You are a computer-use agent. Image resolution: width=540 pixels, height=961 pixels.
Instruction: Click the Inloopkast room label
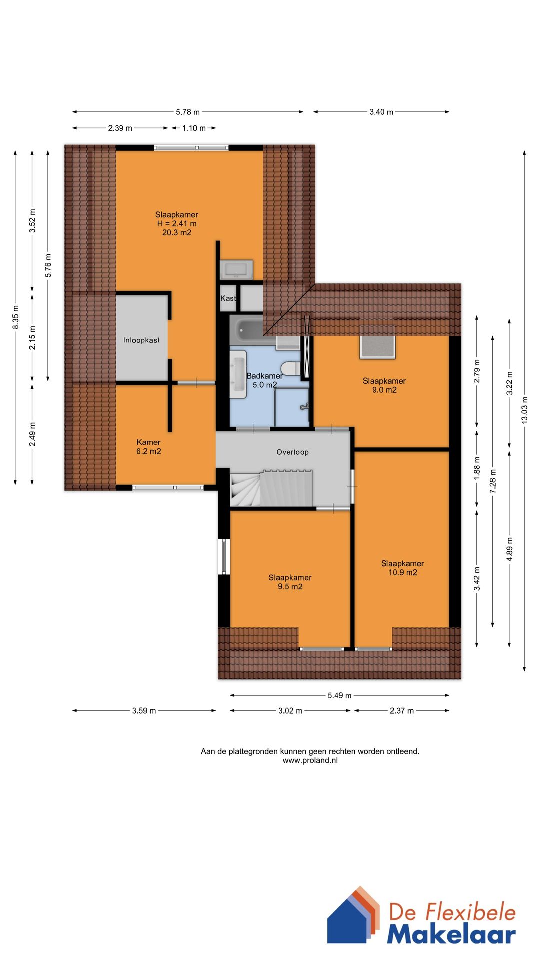[141, 340]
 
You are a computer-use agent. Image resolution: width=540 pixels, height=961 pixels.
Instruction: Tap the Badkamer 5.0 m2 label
[264, 380]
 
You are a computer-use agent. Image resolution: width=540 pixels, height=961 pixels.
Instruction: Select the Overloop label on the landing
[293, 452]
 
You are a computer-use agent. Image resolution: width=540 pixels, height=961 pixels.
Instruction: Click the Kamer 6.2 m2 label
[149, 447]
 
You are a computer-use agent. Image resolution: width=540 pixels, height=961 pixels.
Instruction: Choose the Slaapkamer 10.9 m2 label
[403, 568]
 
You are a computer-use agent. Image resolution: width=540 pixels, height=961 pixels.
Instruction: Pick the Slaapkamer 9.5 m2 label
[290, 582]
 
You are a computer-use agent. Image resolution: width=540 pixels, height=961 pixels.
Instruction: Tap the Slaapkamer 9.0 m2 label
[384, 385]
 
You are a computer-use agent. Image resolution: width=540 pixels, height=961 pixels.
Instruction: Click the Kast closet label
[228, 298]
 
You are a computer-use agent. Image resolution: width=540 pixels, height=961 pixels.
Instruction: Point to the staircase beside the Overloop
[271, 488]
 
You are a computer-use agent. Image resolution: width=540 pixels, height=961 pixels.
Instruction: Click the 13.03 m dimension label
[524, 410]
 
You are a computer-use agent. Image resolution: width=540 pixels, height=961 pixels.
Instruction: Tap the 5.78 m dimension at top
[188, 112]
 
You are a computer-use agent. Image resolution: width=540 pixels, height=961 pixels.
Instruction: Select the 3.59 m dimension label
[144, 711]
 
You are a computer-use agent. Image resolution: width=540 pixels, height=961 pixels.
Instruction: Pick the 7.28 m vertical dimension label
[493, 482]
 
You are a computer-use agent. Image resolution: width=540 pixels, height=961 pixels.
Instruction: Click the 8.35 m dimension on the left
[16, 317]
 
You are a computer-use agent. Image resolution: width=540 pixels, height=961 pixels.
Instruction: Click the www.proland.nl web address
[310, 760]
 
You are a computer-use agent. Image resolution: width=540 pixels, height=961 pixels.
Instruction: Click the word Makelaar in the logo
[451, 934]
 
